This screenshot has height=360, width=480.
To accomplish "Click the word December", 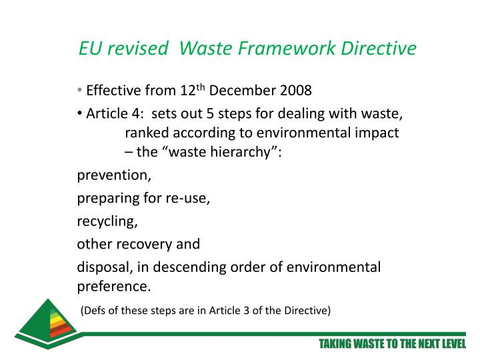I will [240, 90].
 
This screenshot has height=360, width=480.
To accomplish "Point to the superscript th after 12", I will [201, 86].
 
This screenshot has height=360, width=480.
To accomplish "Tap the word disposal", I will [103, 267].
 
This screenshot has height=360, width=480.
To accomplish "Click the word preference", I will [114, 287].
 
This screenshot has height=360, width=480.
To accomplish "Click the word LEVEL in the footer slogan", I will [448, 344].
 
